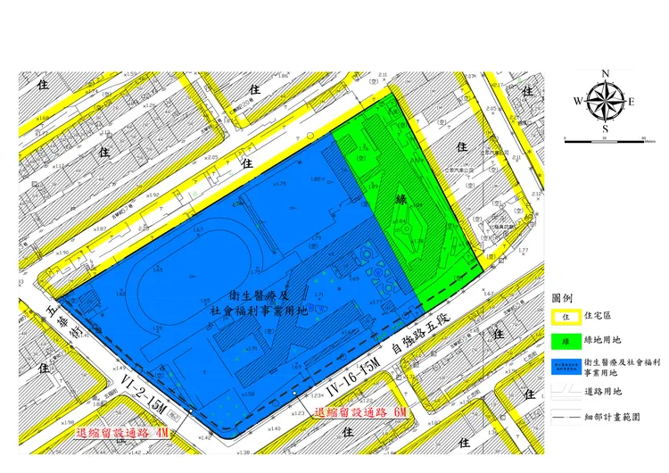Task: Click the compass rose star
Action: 606,101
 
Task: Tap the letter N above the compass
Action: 606,74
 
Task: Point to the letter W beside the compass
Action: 578,102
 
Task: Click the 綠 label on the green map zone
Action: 401,200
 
